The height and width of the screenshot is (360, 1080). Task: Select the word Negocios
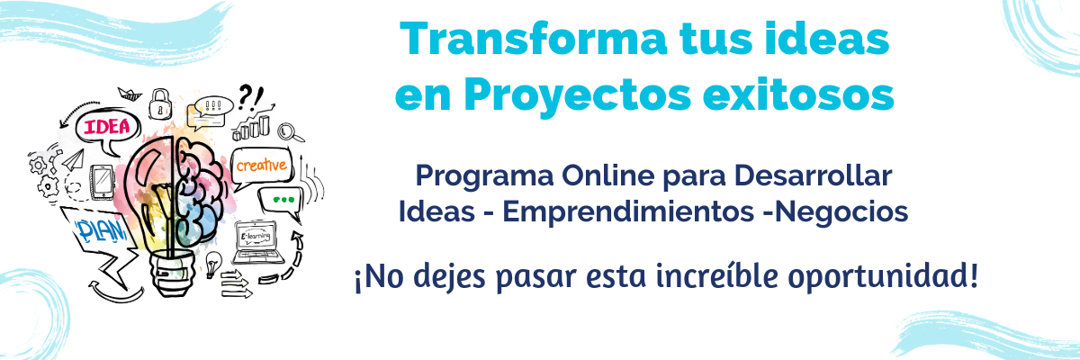[x=841, y=211]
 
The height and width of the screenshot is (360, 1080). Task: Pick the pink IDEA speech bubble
[x=106, y=128]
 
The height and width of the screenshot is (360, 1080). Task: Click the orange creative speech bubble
[x=261, y=165]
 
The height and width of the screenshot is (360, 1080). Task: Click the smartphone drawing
[x=102, y=182]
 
